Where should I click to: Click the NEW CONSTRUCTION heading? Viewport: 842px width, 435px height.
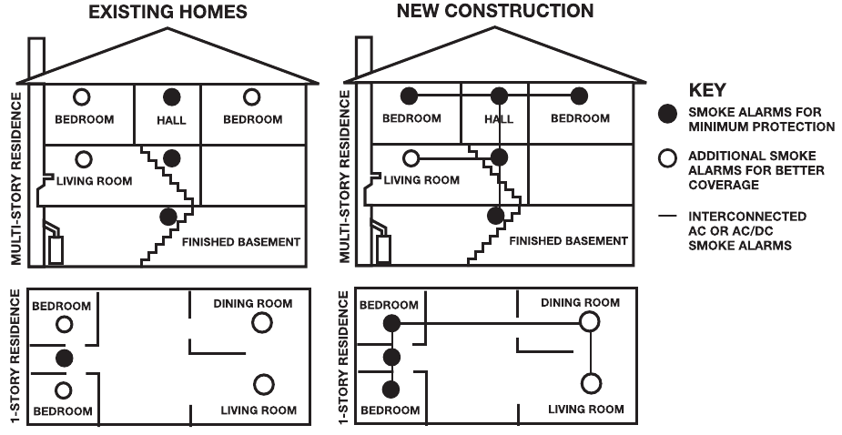pyautogui.click(x=495, y=12)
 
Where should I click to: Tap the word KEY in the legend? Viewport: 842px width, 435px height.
pyautogui.click(x=706, y=91)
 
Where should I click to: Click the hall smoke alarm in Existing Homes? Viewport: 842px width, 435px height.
pyautogui.click(x=170, y=96)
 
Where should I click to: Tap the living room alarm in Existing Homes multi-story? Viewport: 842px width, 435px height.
pyautogui.click(x=84, y=159)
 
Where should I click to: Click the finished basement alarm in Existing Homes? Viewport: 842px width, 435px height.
pyautogui.click(x=167, y=217)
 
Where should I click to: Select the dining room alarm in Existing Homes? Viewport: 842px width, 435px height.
pyautogui.click(x=261, y=322)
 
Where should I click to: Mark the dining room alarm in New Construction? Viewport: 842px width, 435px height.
pyautogui.click(x=589, y=322)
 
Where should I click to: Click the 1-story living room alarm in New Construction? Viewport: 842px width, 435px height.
pyautogui.click(x=591, y=383)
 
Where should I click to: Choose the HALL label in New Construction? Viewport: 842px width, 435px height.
pyautogui.click(x=499, y=119)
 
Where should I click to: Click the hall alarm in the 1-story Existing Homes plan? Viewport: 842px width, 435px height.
pyautogui.click(x=63, y=358)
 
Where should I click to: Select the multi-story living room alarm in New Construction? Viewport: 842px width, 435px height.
pyautogui.click(x=411, y=158)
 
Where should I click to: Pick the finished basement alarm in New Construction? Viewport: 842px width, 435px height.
pyautogui.click(x=494, y=216)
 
